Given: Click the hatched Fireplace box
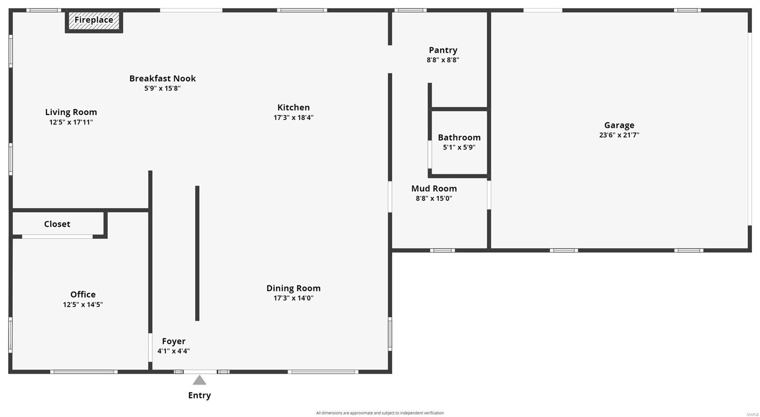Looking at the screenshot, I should click(x=94, y=21).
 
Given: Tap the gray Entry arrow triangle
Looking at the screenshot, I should click(x=199, y=380).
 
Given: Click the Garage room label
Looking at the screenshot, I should click(x=619, y=125).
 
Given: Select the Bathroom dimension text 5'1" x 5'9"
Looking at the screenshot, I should click(x=459, y=147).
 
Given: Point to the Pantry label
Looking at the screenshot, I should click(x=443, y=50).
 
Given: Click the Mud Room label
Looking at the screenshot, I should click(x=434, y=189).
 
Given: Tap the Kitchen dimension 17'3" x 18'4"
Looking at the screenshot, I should click(x=293, y=117).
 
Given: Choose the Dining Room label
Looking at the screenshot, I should click(x=293, y=288).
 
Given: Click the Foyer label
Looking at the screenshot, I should click(x=173, y=341).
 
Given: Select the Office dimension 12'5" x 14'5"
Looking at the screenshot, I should click(x=83, y=304).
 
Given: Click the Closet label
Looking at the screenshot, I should click(x=57, y=224).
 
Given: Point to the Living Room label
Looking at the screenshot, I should click(x=71, y=112).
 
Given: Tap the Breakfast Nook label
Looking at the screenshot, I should click(x=162, y=78).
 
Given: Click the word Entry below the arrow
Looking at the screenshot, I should click(x=199, y=395).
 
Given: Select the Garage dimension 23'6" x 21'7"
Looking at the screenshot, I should click(x=619, y=135).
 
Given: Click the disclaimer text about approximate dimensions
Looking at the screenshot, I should click(x=380, y=413).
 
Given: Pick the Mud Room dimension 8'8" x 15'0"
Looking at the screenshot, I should click(x=434, y=199).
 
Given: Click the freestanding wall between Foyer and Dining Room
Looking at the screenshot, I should click(x=197, y=253).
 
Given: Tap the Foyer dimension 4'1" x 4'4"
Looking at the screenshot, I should click(x=173, y=351).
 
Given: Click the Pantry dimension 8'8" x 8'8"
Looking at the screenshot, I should click(x=443, y=60).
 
